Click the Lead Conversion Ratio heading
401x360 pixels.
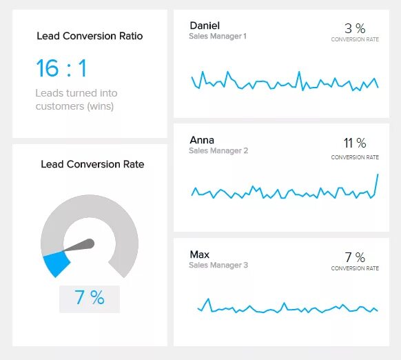(90, 36)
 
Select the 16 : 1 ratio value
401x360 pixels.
(61, 68)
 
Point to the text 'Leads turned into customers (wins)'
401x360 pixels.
(76, 99)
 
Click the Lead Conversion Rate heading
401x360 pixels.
(92, 164)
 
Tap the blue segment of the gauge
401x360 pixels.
(56, 263)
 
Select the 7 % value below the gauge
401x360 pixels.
(90, 298)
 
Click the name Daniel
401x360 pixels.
(205, 26)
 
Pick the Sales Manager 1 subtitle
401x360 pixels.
(218, 36)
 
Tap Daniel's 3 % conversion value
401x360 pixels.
(355, 28)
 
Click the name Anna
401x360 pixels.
(202, 140)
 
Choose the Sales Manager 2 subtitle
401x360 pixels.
(218, 150)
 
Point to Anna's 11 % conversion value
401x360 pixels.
(355, 143)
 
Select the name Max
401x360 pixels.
(199, 254)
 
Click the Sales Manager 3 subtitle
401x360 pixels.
(218, 265)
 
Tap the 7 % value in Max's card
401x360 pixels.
(355, 257)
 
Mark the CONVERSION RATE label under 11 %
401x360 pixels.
(355, 157)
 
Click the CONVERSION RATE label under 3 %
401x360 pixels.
(355, 40)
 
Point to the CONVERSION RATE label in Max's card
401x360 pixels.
(355, 268)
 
